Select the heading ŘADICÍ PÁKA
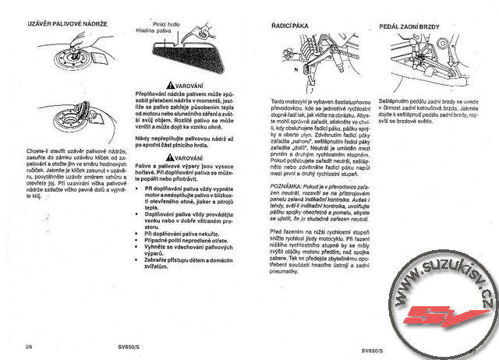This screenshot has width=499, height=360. click(x=288, y=26)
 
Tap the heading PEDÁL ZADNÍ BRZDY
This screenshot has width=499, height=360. click(x=409, y=26)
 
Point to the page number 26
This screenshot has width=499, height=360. click(x=29, y=345)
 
